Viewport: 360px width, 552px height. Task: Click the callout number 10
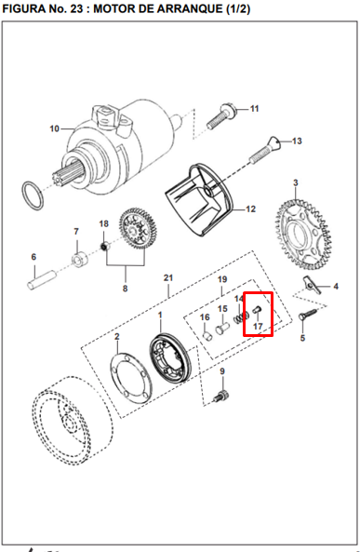tap(54, 128)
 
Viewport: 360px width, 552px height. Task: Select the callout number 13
tap(297, 141)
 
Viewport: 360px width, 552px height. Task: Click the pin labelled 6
tap(42, 280)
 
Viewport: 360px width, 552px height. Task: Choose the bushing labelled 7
tap(80, 259)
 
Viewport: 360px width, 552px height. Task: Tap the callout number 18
tap(104, 224)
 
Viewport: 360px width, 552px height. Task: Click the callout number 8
tap(126, 289)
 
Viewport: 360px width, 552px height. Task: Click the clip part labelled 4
tap(312, 286)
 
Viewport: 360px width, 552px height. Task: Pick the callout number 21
tap(168, 278)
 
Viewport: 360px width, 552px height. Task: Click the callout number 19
tap(222, 279)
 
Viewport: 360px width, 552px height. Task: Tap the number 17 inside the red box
tap(258, 327)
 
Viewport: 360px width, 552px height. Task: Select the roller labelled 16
tap(208, 335)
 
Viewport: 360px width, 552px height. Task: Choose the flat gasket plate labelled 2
tap(131, 379)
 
